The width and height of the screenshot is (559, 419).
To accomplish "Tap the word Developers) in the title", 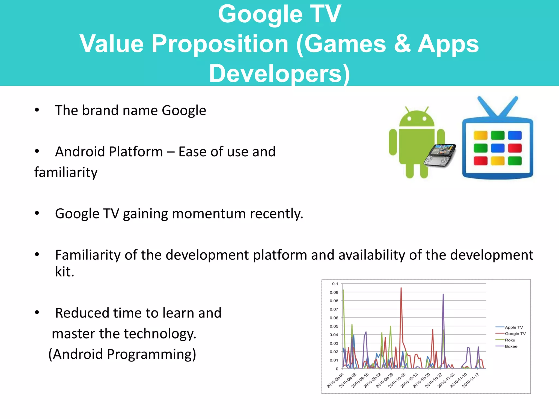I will (279, 74).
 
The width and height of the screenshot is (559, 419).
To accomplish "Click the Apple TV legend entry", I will (514, 327).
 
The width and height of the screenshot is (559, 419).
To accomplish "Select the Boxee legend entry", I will (511, 346).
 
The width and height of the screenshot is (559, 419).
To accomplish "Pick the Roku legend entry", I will (510, 340).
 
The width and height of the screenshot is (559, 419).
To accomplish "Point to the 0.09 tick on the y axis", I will (334, 292).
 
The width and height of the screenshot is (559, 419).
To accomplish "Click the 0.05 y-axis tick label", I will (334, 326).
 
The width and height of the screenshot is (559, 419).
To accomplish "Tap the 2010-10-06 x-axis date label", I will (397, 380).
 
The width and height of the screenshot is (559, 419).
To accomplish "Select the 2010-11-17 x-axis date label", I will (471, 380).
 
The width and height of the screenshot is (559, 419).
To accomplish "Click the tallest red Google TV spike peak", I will (401, 288).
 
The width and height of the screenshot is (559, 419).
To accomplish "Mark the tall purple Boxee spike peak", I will (443, 295).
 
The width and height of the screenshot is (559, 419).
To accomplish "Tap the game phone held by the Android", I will (440, 155).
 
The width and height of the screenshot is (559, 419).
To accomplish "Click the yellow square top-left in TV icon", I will (480, 135).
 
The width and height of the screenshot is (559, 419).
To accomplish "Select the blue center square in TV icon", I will (498, 148).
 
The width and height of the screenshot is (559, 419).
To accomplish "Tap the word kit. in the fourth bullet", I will (65, 272).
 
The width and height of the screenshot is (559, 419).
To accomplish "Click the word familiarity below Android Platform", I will (66, 172).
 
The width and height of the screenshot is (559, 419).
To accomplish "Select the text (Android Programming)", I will (122, 354).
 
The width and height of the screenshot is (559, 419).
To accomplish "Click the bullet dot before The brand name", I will (37, 110).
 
